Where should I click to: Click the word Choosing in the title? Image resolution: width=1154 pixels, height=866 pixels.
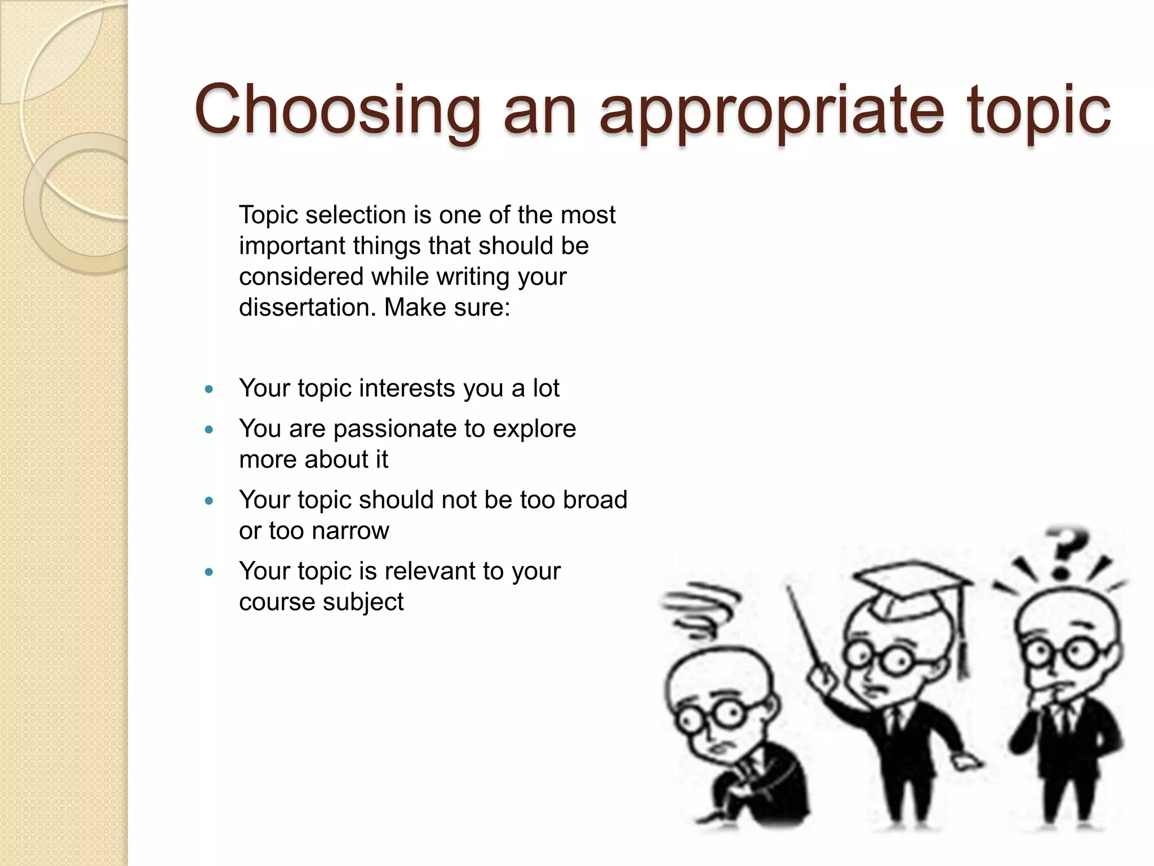click(337, 110)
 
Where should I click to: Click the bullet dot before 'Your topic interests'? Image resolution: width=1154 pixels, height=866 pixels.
click(209, 389)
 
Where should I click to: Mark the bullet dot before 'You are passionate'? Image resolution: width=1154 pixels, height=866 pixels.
click(209, 430)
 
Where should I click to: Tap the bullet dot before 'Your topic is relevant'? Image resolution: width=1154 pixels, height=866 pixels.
click(209, 572)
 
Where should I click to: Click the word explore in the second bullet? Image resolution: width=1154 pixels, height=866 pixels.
click(534, 430)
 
